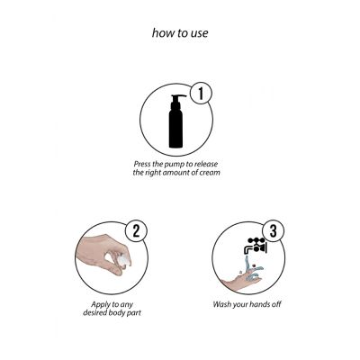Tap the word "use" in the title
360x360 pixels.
pyautogui.click(x=198, y=33)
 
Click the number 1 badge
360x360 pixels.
pyautogui.click(x=201, y=94)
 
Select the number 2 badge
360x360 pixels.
pyautogui.click(x=136, y=231)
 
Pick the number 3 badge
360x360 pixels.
pyautogui.click(x=273, y=231)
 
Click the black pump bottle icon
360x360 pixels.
pyautogui.click(x=176, y=121)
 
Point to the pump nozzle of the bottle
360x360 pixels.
pyautogui.click(x=179, y=96)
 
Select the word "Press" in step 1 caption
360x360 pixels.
pyautogui.click(x=142, y=165)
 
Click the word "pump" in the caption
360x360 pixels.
pyautogui.click(x=175, y=165)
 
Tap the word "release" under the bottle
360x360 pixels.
pyautogui.click(x=206, y=165)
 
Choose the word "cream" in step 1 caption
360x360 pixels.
pyautogui.click(x=210, y=173)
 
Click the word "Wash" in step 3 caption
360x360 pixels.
pyautogui.click(x=221, y=304)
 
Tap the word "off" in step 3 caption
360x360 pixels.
pyautogui.click(x=276, y=304)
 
